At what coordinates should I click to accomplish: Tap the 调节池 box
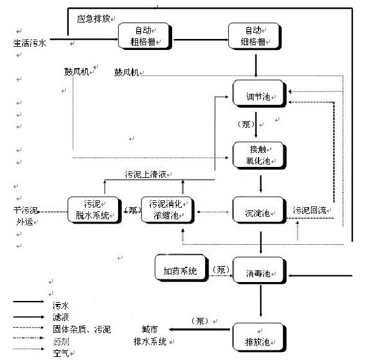(x=259, y=97)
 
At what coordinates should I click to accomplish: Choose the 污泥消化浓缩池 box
(x=166, y=209)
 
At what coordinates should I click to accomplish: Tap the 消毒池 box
(x=259, y=272)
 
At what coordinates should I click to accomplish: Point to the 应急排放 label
(x=93, y=19)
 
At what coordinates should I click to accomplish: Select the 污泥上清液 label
(x=145, y=174)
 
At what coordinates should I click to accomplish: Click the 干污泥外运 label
(x=26, y=216)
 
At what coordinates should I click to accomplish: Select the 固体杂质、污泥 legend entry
(x=82, y=330)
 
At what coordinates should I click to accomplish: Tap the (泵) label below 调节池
(x=245, y=125)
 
